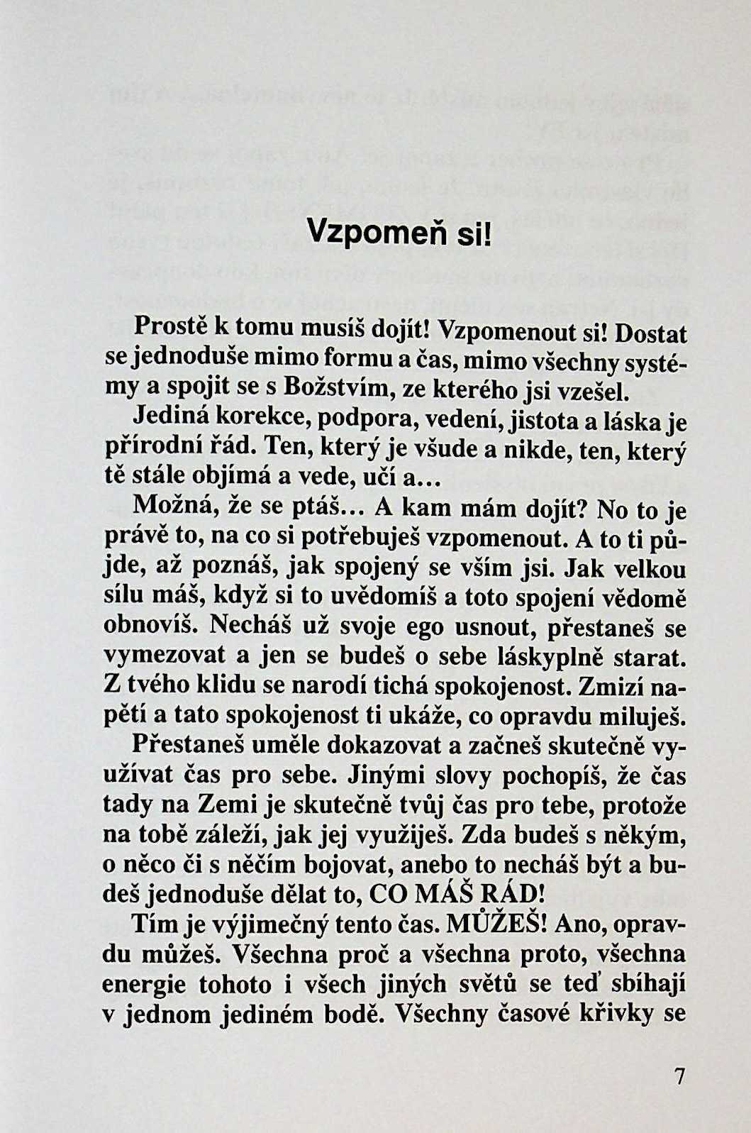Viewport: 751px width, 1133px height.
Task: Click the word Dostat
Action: tap(651, 333)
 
